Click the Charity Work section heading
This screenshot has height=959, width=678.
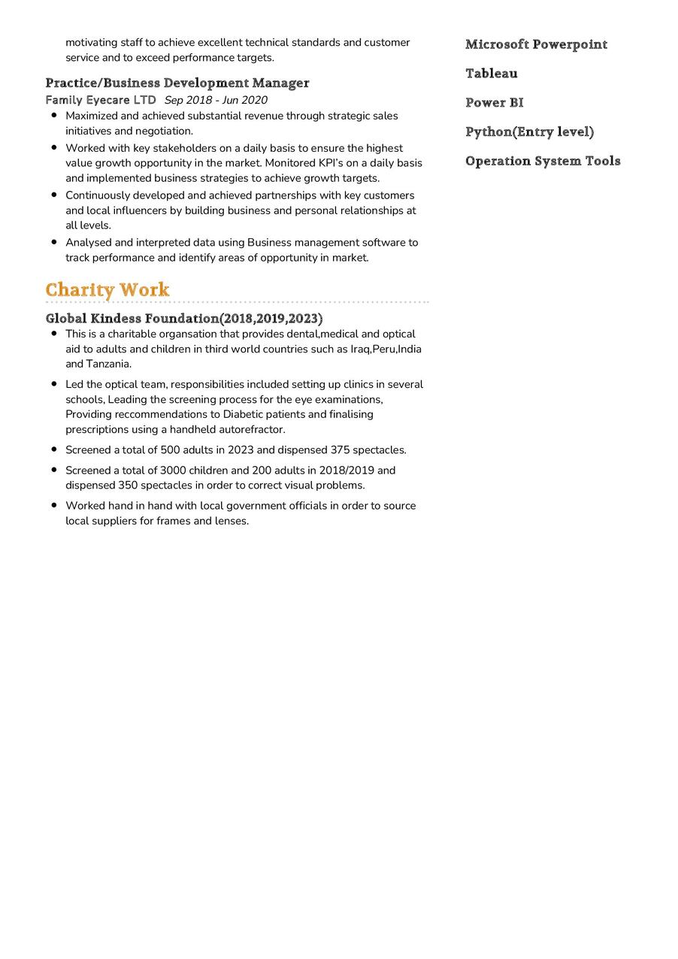point(107,289)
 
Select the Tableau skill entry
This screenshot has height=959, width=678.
point(492,73)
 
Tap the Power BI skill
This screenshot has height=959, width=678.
point(495,102)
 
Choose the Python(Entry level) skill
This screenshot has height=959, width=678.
point(529,132)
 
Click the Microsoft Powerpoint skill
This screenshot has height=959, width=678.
point(536,44)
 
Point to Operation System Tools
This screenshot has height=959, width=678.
point(543,161)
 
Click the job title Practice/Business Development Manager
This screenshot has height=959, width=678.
point(177,83)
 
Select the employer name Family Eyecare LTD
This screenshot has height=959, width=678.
point(101,100)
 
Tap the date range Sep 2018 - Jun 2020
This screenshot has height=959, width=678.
point(216,100)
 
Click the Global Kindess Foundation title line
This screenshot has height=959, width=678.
point(184,319)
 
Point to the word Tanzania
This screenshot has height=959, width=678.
point(108,364)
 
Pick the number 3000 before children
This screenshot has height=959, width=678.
point(174,470)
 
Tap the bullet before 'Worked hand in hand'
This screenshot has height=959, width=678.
point(54,505)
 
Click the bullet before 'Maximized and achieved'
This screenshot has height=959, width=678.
point(54,115)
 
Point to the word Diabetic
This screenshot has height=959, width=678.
point(245,414)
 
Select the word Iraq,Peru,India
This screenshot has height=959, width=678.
point(386,349)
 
